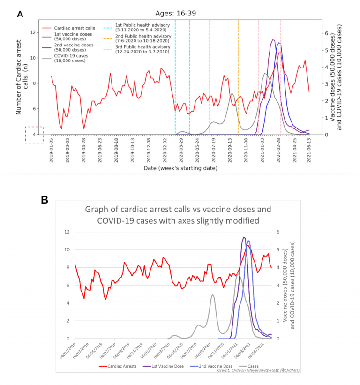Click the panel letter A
[20, 14]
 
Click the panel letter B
[45, 199]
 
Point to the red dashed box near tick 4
[34, 135]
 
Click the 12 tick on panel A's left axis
[33, 32]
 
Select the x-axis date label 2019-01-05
[52, 150]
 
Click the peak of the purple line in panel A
[273, 40]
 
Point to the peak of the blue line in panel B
[248, 241]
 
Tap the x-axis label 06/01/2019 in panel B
[67, 353]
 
